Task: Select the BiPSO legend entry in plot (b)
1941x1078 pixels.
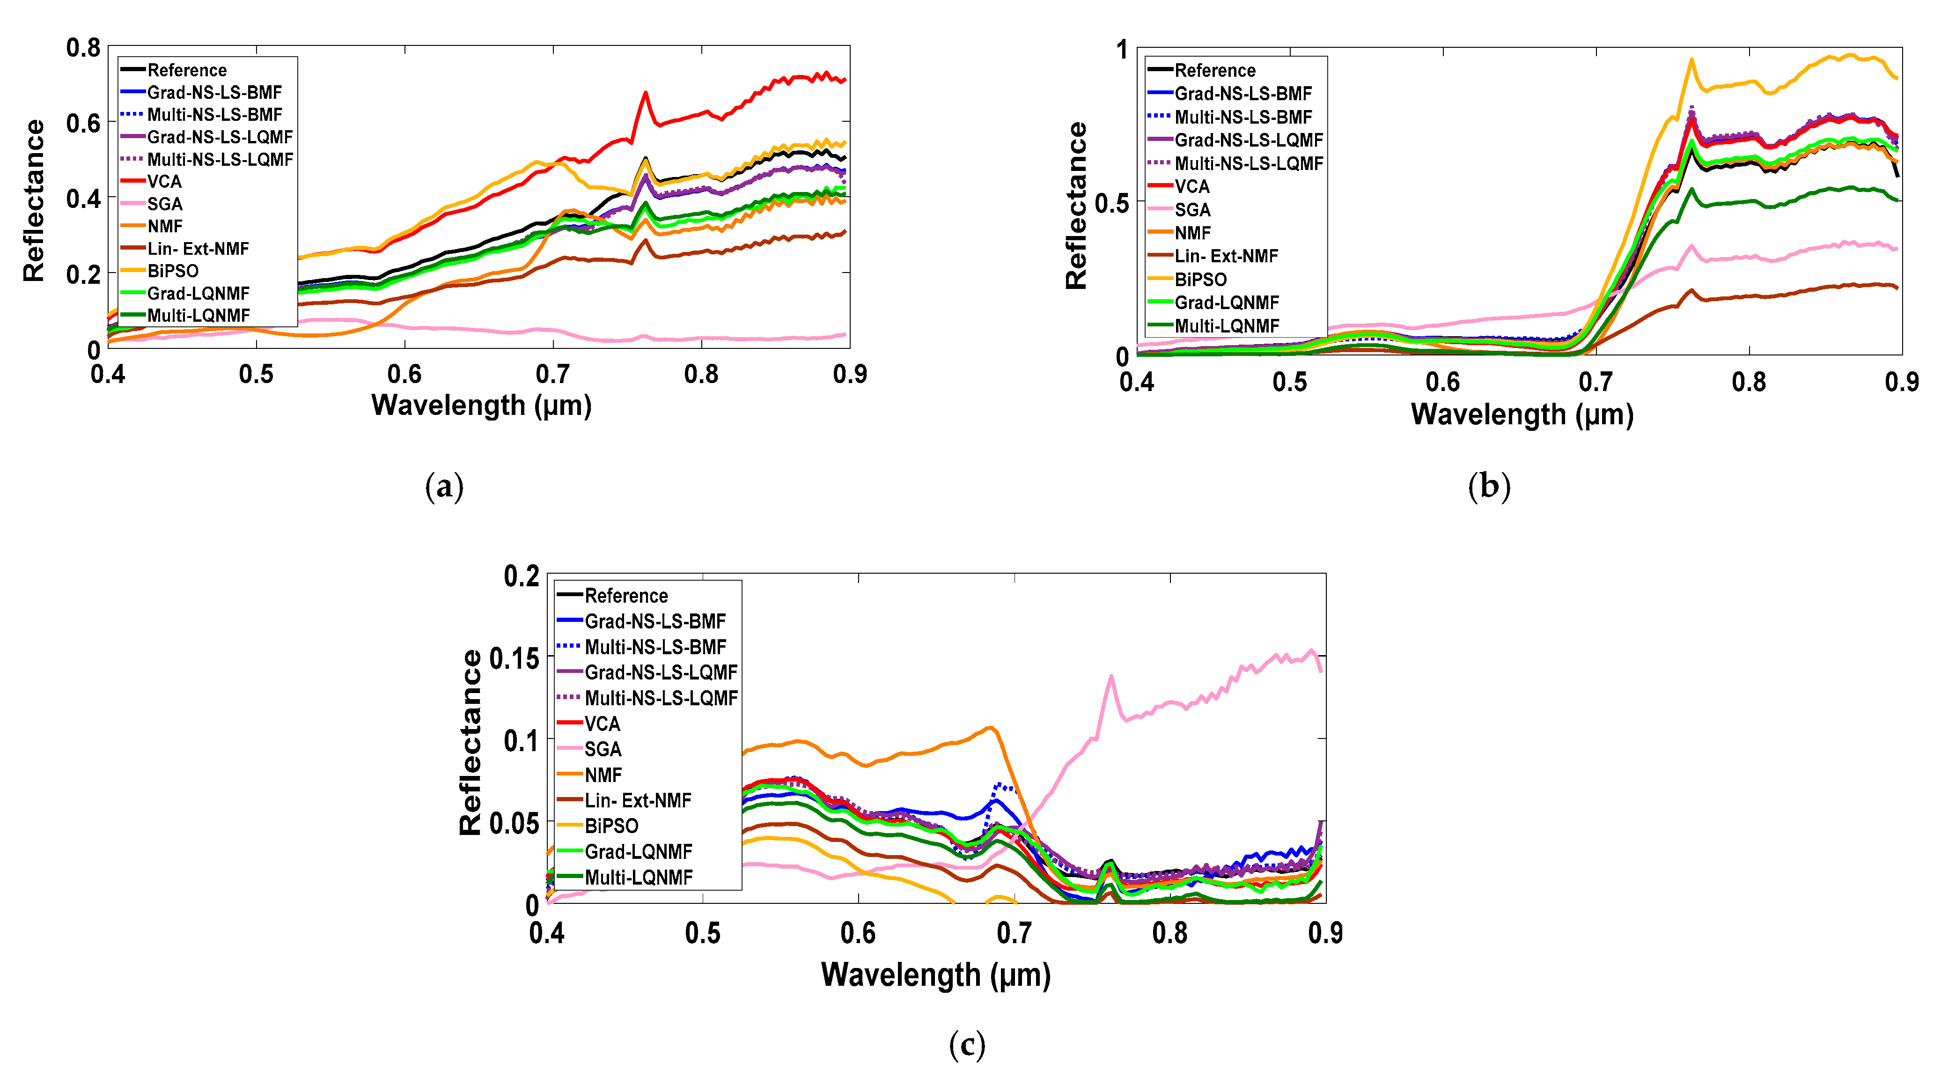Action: [1200, 280]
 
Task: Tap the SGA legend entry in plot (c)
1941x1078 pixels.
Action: [603, 749]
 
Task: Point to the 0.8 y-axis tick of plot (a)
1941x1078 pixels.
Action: [83, 48]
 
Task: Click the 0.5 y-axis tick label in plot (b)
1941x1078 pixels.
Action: [1111, 204]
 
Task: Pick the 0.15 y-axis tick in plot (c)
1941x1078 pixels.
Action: [515, 659]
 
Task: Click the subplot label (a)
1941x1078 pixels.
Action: [444, 487]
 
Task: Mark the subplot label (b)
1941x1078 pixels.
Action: [1489, 487]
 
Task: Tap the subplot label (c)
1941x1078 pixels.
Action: [967, 1045]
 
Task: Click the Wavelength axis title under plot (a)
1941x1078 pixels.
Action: [481, 406]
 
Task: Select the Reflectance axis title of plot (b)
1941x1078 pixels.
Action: [1076, 205]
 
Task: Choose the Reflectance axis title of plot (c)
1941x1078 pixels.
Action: [470, 743]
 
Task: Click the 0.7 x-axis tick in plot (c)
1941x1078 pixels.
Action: [1014, 933]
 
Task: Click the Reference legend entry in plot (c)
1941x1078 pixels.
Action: [625, 596]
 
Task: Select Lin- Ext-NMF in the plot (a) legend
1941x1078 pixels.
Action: [198, 249]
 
